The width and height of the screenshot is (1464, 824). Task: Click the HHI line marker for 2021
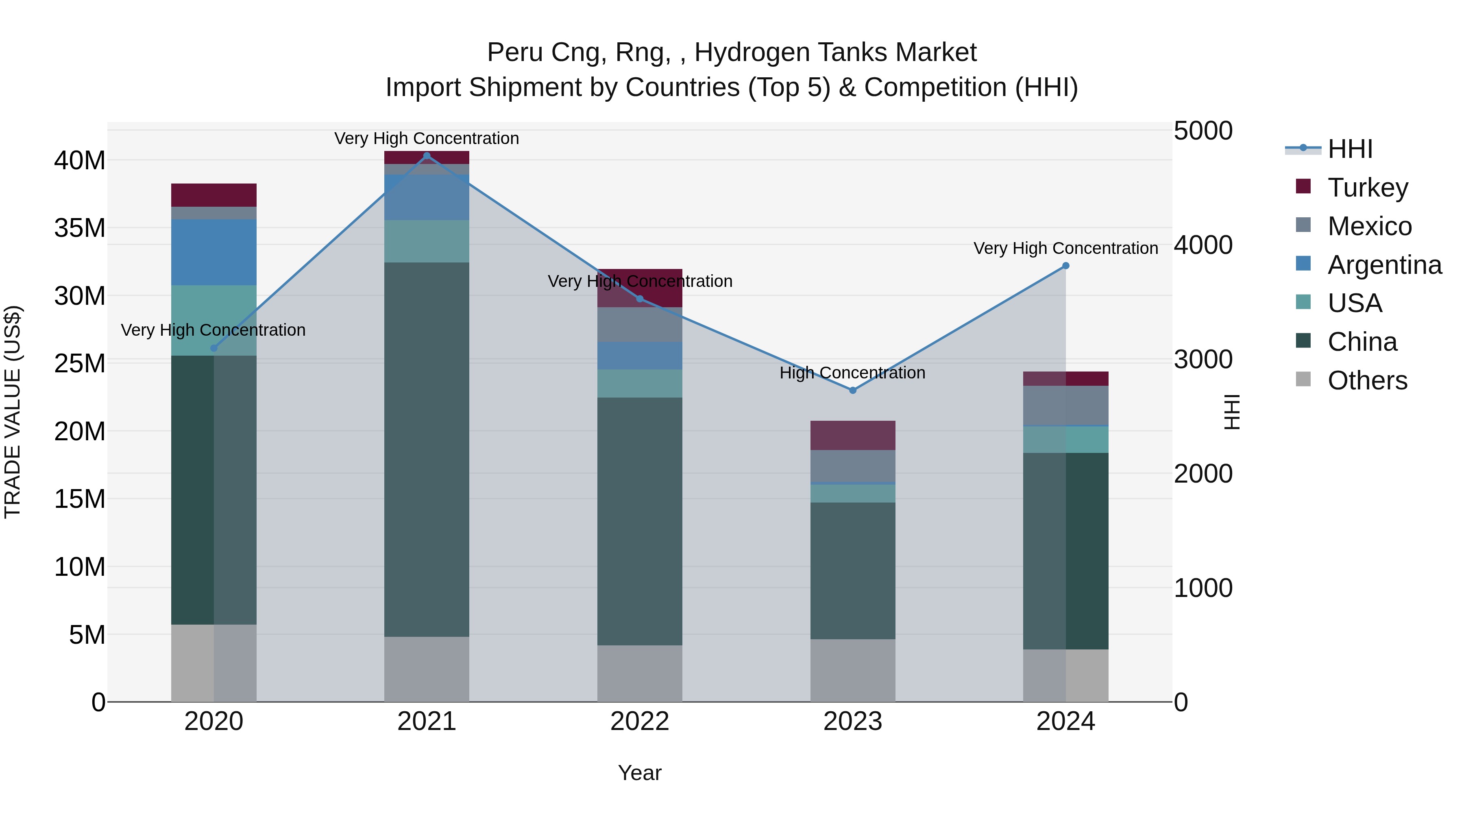(427, 156)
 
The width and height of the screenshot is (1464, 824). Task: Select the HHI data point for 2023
(852, 390)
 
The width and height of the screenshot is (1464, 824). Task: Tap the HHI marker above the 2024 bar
(1065, 266)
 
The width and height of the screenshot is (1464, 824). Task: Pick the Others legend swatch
(1303, 379)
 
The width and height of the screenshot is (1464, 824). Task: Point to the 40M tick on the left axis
(80, 161)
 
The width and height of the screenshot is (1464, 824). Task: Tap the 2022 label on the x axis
(639, 721)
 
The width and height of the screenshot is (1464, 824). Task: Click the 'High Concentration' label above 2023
(852, 373)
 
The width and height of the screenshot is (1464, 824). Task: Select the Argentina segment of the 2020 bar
(213, 252)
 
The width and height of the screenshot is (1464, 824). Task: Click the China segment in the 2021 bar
(427, 449)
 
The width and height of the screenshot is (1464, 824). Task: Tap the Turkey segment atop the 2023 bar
(852, 435)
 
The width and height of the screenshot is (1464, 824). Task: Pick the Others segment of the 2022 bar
(639, 673)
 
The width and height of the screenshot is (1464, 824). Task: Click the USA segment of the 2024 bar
(1065, 439)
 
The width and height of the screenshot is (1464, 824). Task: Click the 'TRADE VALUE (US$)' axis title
(13, 412)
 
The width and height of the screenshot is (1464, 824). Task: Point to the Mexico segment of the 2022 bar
(639, 324)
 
